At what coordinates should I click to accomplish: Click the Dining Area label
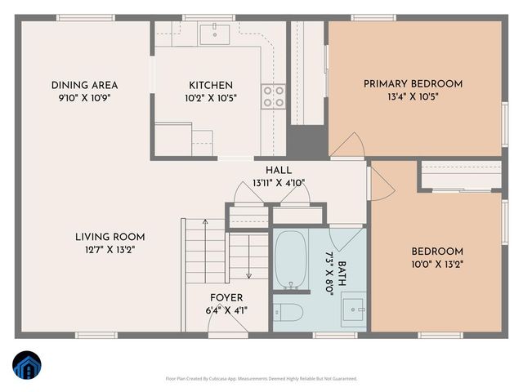point(84,85)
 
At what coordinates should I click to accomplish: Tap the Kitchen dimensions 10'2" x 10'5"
point(211,98)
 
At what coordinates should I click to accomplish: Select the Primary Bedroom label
point(413,83)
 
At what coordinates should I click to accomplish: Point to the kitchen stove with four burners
point(273,96)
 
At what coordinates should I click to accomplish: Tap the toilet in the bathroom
point(288,312)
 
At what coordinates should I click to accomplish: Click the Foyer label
point(226,297)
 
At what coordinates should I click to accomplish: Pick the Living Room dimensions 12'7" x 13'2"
point(105,250)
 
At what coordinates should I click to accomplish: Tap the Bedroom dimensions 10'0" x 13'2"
point(436,264)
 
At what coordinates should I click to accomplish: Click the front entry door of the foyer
point(227,325)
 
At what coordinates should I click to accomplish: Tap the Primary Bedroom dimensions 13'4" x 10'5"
point(413,96)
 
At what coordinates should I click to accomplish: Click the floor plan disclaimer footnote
point(261,379)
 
